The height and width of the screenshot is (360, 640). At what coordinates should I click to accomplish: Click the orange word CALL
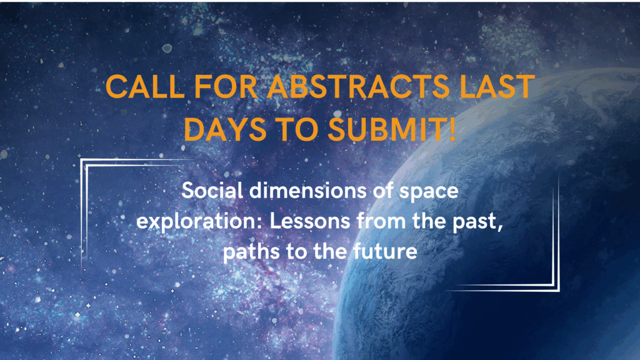(144, 86)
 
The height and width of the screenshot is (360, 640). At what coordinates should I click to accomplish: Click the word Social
(212, 191)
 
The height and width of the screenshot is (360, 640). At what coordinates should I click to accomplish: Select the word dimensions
(307, 191)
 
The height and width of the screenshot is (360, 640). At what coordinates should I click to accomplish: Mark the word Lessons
(310, 221)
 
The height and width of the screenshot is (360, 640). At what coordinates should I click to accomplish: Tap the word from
(381, 221)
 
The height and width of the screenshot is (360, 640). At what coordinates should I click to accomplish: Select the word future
(385, 251)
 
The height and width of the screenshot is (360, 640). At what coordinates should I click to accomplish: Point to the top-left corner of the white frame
(81, 159)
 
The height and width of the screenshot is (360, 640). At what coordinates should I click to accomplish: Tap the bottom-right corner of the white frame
(558, 290)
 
